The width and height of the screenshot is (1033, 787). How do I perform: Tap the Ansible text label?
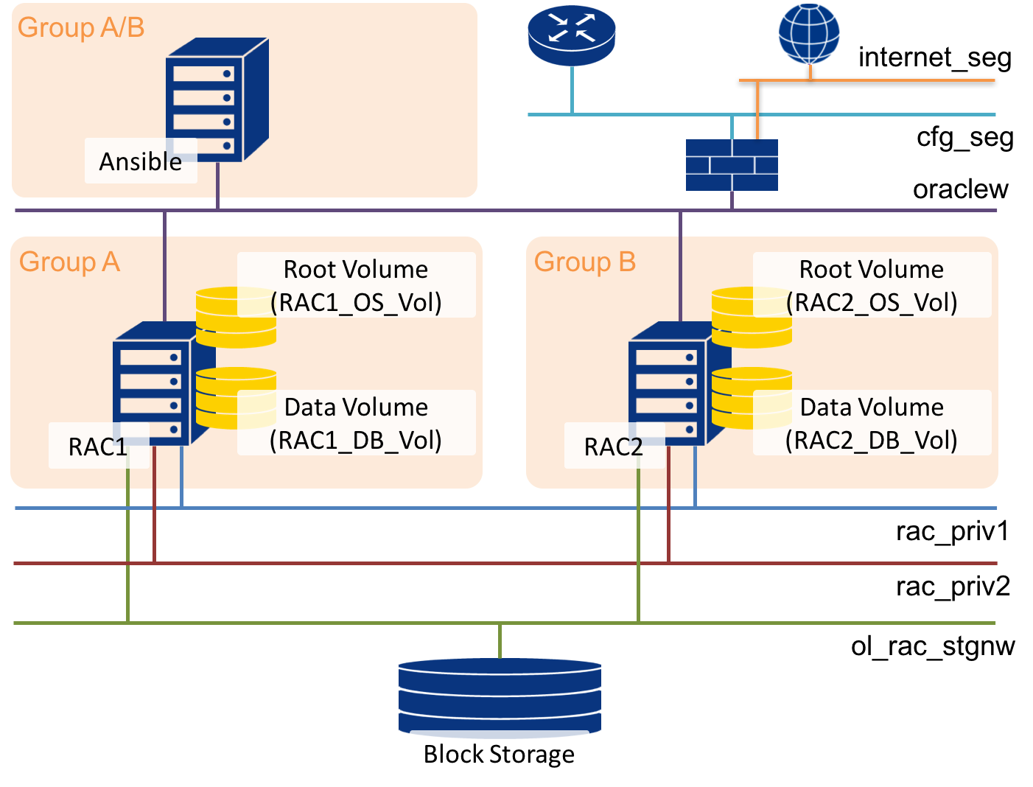click(x=141, y=161)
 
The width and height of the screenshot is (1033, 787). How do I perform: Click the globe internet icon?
click(x=810, y=34)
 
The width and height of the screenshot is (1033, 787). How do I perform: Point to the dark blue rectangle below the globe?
click(x=732, y=165)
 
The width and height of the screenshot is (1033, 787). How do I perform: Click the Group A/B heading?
click(x=81, y=27)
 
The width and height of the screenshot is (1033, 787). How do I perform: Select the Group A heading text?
click(x=69, y=262)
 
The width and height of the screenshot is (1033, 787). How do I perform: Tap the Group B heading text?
click(x=584, y=262)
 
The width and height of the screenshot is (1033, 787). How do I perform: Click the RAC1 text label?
click(x=97, y=447)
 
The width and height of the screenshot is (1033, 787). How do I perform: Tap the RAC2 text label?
click(x=613, y=447)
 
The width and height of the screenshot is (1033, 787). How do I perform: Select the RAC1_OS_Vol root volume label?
click(x=356, y=285)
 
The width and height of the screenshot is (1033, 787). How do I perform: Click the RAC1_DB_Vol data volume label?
click(x=356, y=423)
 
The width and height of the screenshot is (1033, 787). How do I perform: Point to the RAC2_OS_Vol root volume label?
click(x=872, y=285)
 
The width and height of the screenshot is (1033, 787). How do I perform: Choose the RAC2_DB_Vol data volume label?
click(x=872, y=423)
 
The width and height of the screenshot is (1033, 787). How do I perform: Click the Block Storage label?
click(x=499, y=754)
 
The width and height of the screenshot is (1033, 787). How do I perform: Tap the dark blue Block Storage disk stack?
click(x=500, y=693)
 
